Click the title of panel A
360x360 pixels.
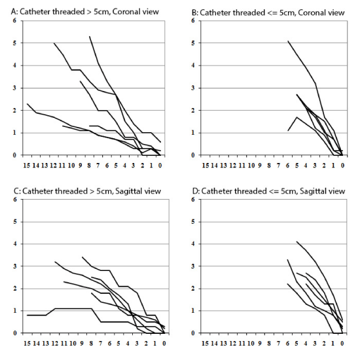tap(85, 12)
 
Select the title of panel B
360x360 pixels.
tap(268, 13)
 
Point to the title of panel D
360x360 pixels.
tap(268, 191)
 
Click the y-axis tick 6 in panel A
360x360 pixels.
tap(14, 20)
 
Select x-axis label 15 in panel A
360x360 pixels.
tap(27, 165)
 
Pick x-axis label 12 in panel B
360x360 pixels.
tap(232, 165)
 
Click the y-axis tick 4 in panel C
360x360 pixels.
tap(15, 244)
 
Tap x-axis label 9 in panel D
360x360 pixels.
tap(260, 343)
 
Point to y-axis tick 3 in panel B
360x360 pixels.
tap(193, 88)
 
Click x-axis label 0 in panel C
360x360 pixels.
tap(164, 343)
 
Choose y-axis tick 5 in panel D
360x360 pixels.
tap(193, 222)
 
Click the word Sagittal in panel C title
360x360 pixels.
tap(128, 191)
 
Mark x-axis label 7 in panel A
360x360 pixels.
tap(98, 165)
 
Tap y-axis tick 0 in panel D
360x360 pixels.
tap(193, 333)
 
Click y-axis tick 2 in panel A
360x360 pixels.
tap(14, 111)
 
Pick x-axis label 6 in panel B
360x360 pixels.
tap(288, 165)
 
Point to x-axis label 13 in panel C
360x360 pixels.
tap(45, 343)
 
